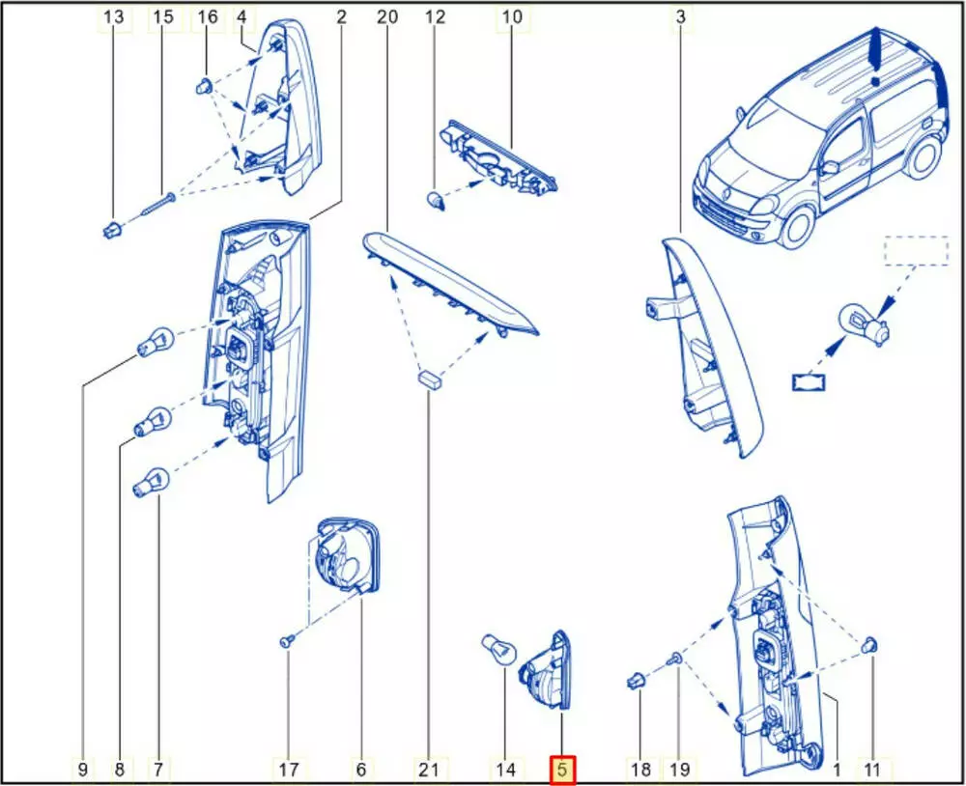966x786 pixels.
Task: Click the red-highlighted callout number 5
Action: pos(562,770)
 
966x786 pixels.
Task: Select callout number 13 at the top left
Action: pos(113,16)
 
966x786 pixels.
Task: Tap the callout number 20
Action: pos(387,16)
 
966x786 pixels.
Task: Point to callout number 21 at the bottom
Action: pos(428,770)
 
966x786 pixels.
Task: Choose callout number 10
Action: pos(511,16)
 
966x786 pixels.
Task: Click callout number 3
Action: pos(680,16)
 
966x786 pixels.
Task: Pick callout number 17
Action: pos(288,770)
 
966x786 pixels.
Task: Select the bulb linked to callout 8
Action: pos(153,422)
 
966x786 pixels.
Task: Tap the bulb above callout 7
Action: pos(151,483)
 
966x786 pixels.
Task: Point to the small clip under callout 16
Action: pos(205,86)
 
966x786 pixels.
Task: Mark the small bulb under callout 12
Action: pos(436,199)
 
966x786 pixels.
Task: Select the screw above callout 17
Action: pos(286,642)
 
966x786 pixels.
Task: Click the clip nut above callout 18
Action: pos(636,682)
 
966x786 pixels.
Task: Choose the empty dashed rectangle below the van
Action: pos(917,250)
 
